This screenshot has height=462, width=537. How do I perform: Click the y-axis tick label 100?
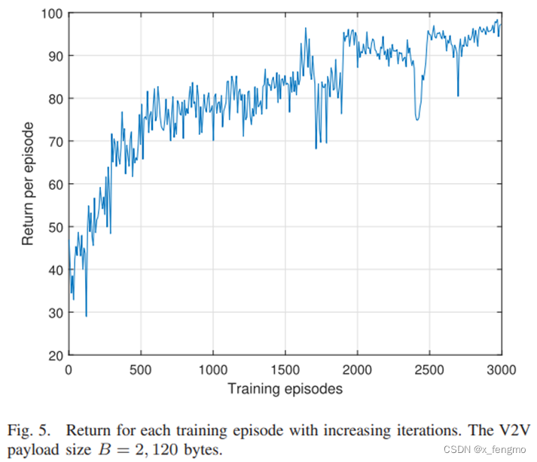pyautogui.click(x=53, y=14)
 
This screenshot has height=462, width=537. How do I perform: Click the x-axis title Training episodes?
pyautogui.click(x=285, y=389)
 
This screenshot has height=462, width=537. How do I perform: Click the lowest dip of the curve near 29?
pyautogui.click(x=86, y=316)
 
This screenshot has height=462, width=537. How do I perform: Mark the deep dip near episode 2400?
pyautogui.click(x=417, y=119)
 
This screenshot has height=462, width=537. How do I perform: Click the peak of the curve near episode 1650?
pyautogui.click(x=306, y=29)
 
